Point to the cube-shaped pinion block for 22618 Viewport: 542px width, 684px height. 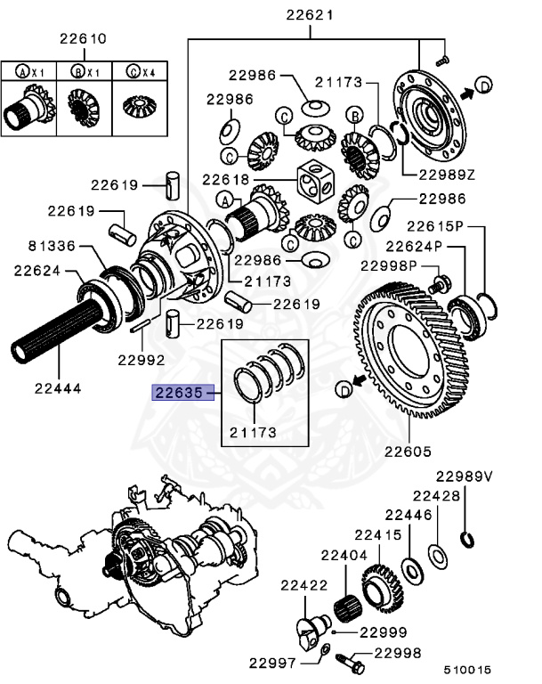point(317,183)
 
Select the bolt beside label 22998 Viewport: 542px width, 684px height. point(350,663)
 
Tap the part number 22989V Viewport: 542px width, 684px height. point(464,476)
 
